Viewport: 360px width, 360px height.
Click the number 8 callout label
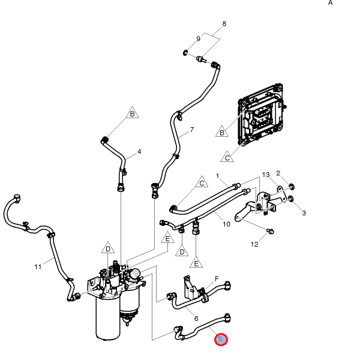coord(224,24)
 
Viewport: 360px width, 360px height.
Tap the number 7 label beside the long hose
coord(192,130)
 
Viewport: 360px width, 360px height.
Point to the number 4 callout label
coord(139,151)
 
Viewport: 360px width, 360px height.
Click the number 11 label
coord(38,266)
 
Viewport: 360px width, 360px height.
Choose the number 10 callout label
coord(226,224)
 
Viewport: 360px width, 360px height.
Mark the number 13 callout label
coord(266,175)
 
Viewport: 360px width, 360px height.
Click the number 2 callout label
coord(278,173)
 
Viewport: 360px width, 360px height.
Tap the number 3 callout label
coord(304,213)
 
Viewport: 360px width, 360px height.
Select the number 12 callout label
coord(254,244)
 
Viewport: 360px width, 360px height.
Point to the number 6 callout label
coord(196,317)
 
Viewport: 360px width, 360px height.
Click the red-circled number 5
coord(221,340)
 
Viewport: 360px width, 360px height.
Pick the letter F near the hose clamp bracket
coord(217,279)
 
